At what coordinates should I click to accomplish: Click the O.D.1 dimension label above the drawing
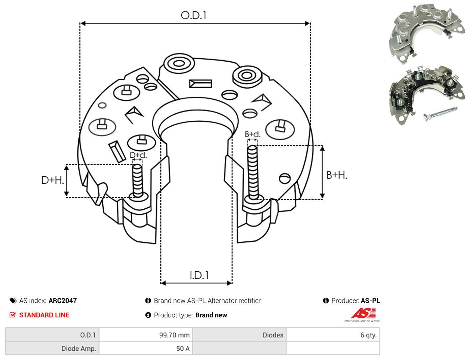pos(194,15)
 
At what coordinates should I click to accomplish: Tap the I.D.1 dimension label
pos(199,275)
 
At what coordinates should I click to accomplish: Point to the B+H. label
pos(337,175)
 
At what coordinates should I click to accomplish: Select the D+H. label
pos(53,180)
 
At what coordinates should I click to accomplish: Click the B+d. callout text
pos(253,134)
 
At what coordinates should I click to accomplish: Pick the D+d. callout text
pos(138,155)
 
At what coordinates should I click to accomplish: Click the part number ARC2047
pos(63,301)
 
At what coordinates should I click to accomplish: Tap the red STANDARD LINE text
pos(44,315)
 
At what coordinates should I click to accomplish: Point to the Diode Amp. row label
pos(79,348)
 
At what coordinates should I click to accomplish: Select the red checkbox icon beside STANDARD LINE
pos(13,315)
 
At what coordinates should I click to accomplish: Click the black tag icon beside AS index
pos(13,301)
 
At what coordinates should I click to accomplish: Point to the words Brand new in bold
pos(211,315)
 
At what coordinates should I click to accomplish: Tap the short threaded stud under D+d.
pos(138,181)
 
